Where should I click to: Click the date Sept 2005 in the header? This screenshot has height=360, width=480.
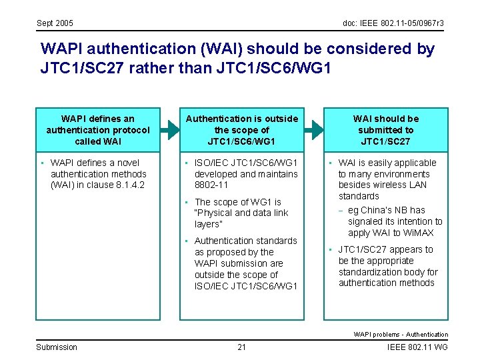[x=55, y=23]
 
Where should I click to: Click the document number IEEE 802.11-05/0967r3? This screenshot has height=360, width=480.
[x=393, y=23]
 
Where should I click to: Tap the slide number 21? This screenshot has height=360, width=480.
[x=241, y=347]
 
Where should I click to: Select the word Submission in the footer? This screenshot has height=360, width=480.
[x=57, y=347]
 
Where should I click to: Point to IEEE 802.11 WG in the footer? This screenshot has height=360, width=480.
[x=417, y=347]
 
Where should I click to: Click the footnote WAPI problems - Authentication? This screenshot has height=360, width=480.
[x=401, y=334]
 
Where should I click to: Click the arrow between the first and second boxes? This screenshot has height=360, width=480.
[x=171, y=129]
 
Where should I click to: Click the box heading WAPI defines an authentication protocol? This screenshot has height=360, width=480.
[x=98, y=130]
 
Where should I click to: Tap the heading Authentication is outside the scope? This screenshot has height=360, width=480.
[x=241, y=130]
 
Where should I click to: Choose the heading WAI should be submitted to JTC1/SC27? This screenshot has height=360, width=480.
[x=386, y=130]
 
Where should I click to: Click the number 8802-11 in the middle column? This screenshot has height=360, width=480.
[x=211, y=185]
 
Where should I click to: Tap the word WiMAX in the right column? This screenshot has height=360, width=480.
[x=418, y=233]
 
